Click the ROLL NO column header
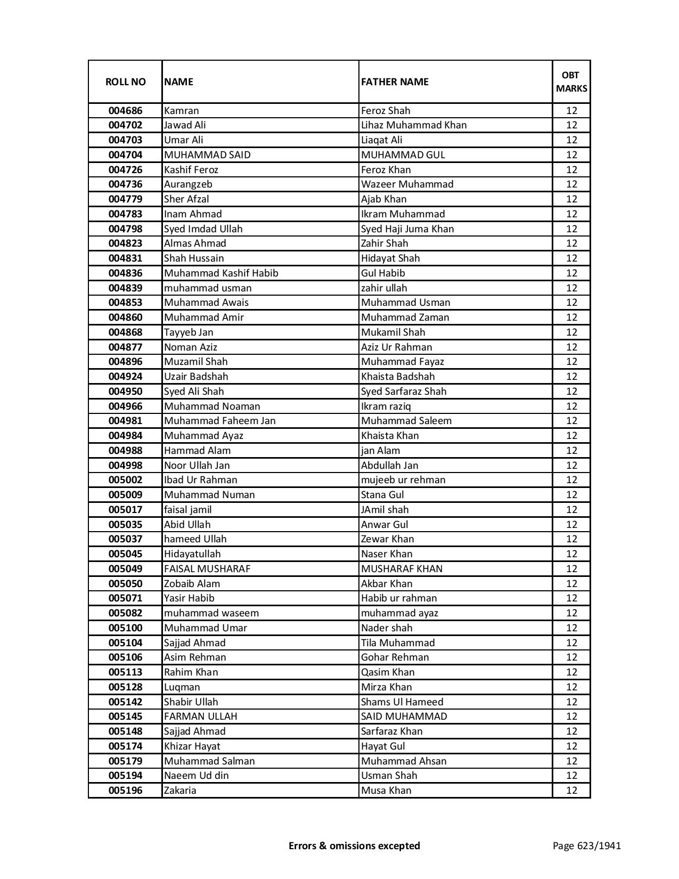click(x=125, y=82)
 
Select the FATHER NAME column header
click(x=395, y=82)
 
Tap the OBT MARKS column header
click(x=571, y=82)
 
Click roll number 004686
click(x=125, y=111)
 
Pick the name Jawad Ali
click(x=185, y=125)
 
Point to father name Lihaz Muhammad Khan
click(x=414, y=125)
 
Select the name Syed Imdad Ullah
click(x=203, y=229)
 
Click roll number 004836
click(x=125, y=273)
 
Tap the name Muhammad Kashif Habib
click(x=221, y=273)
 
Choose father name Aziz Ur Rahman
click(x=397, y=347)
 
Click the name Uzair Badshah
click(x=196, y=377)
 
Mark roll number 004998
click(x=125, y=466)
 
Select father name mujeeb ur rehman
click(x=403, y=480)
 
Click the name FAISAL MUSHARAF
click(x=207, y=569)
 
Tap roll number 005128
click(x=125, y=687)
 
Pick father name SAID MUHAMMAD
click(x=404, y=717)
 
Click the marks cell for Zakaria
click(x=571, y=791)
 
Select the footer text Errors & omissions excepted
click(x=354, y=845)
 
